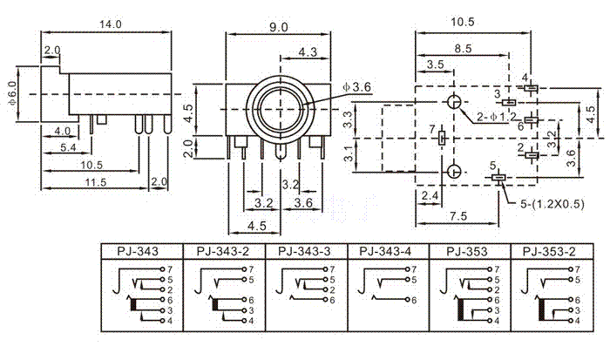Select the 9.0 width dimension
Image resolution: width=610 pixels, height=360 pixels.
pos(279,27)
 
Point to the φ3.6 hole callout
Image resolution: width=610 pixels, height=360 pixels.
pos(358,87)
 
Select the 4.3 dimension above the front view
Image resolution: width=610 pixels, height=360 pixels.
pos(308,52)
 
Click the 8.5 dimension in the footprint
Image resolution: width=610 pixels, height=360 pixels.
pos(463,49)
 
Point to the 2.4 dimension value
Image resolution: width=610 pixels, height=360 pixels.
pos(429,197)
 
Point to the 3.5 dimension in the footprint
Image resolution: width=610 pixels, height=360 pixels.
pos(436,65)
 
